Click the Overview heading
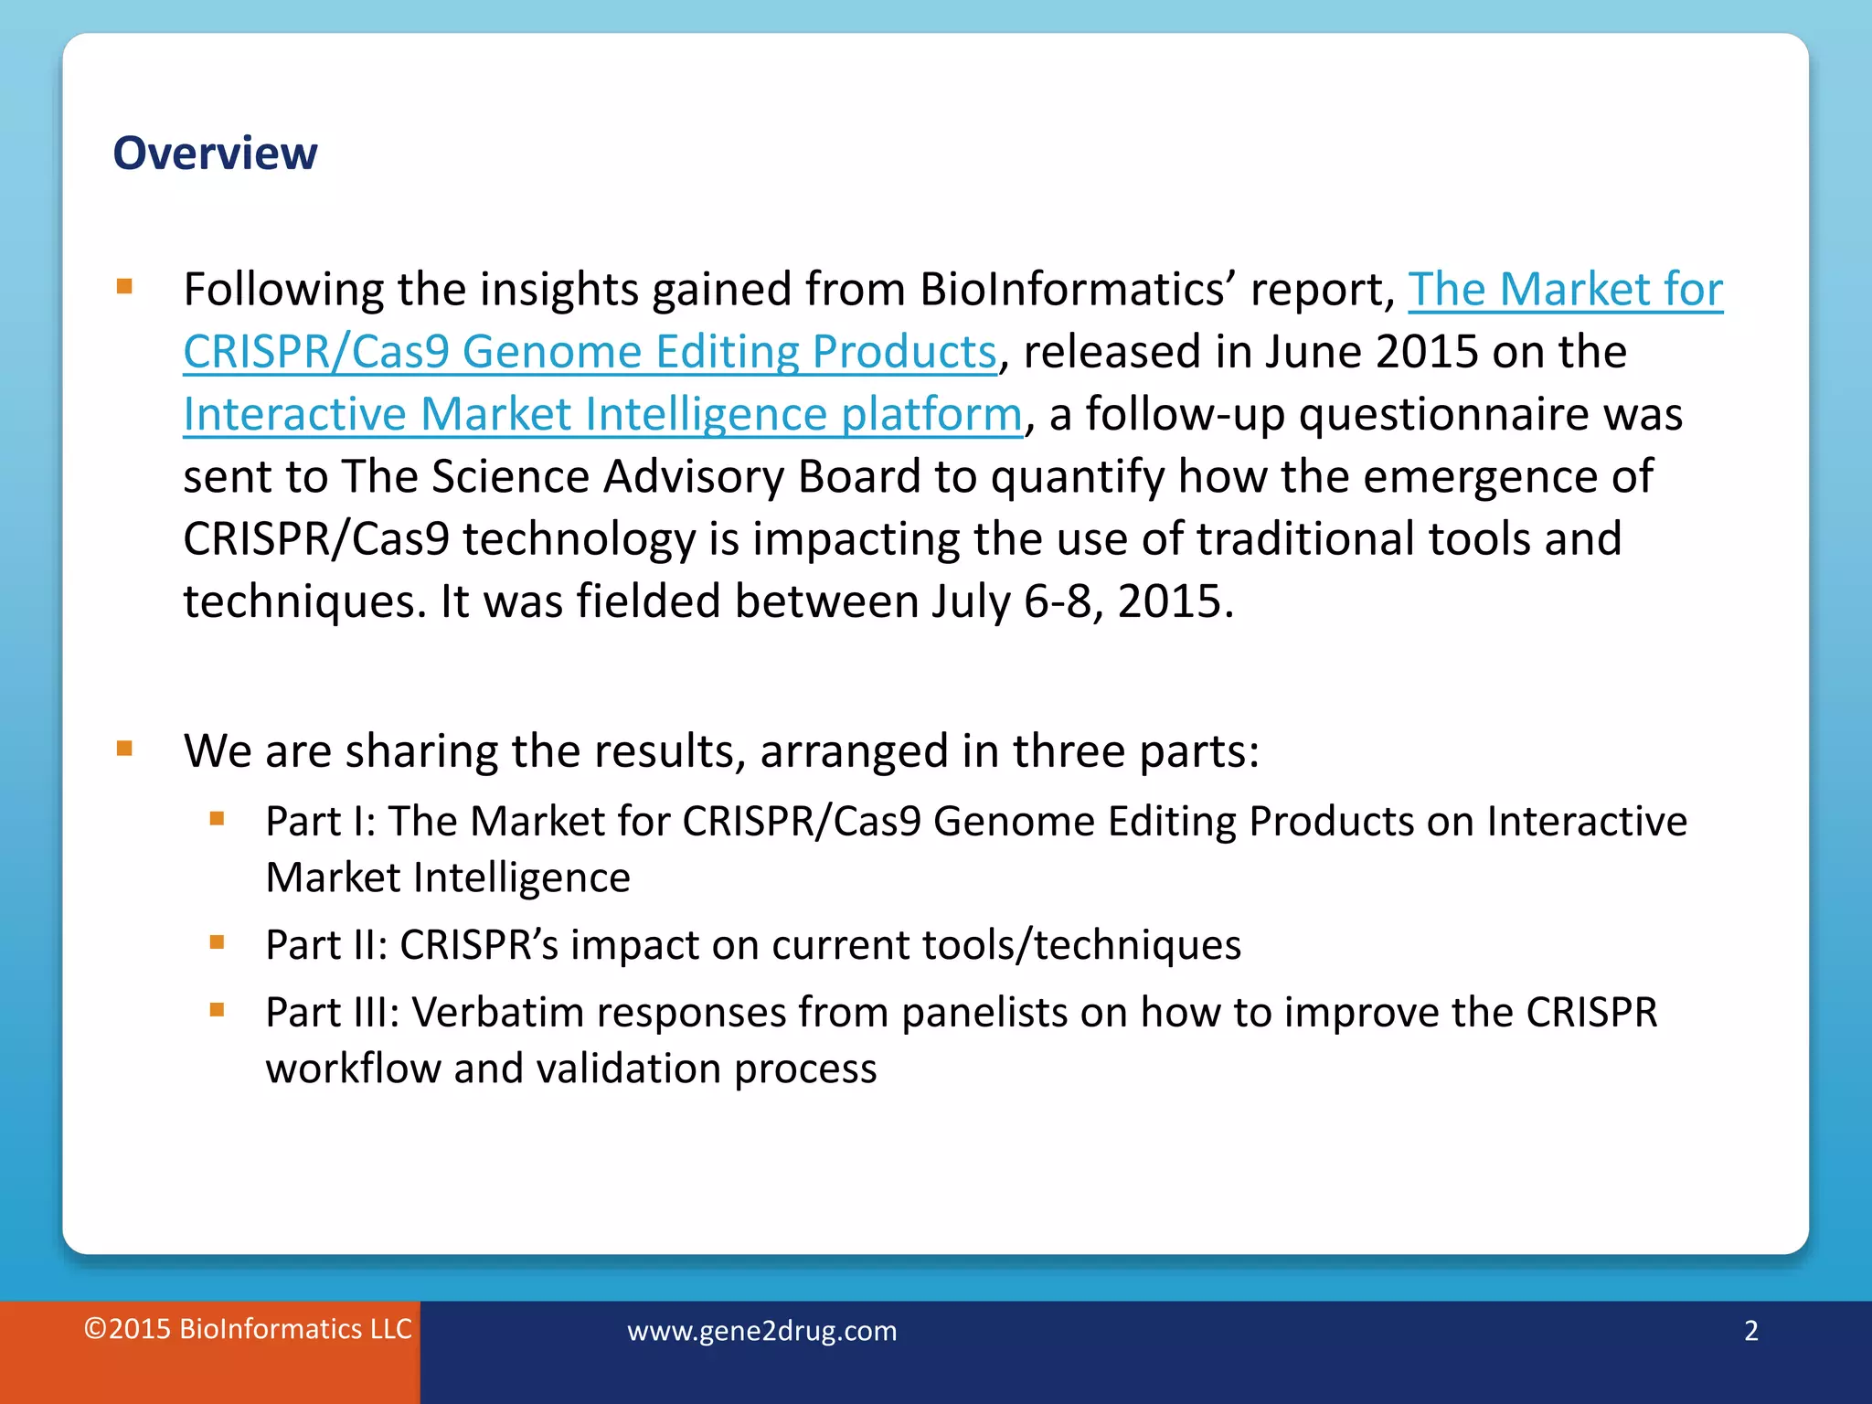(215, 153)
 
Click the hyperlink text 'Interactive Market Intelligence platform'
(601, 414)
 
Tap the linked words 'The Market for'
(1565, 290)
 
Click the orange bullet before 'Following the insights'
(125, 288)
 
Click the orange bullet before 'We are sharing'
(125, 750)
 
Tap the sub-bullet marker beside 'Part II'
(217, 942)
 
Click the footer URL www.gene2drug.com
(761, 1331)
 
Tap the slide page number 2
(1750, 1331)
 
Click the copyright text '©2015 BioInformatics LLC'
(248, 1329)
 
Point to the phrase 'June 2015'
(1371, 352)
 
